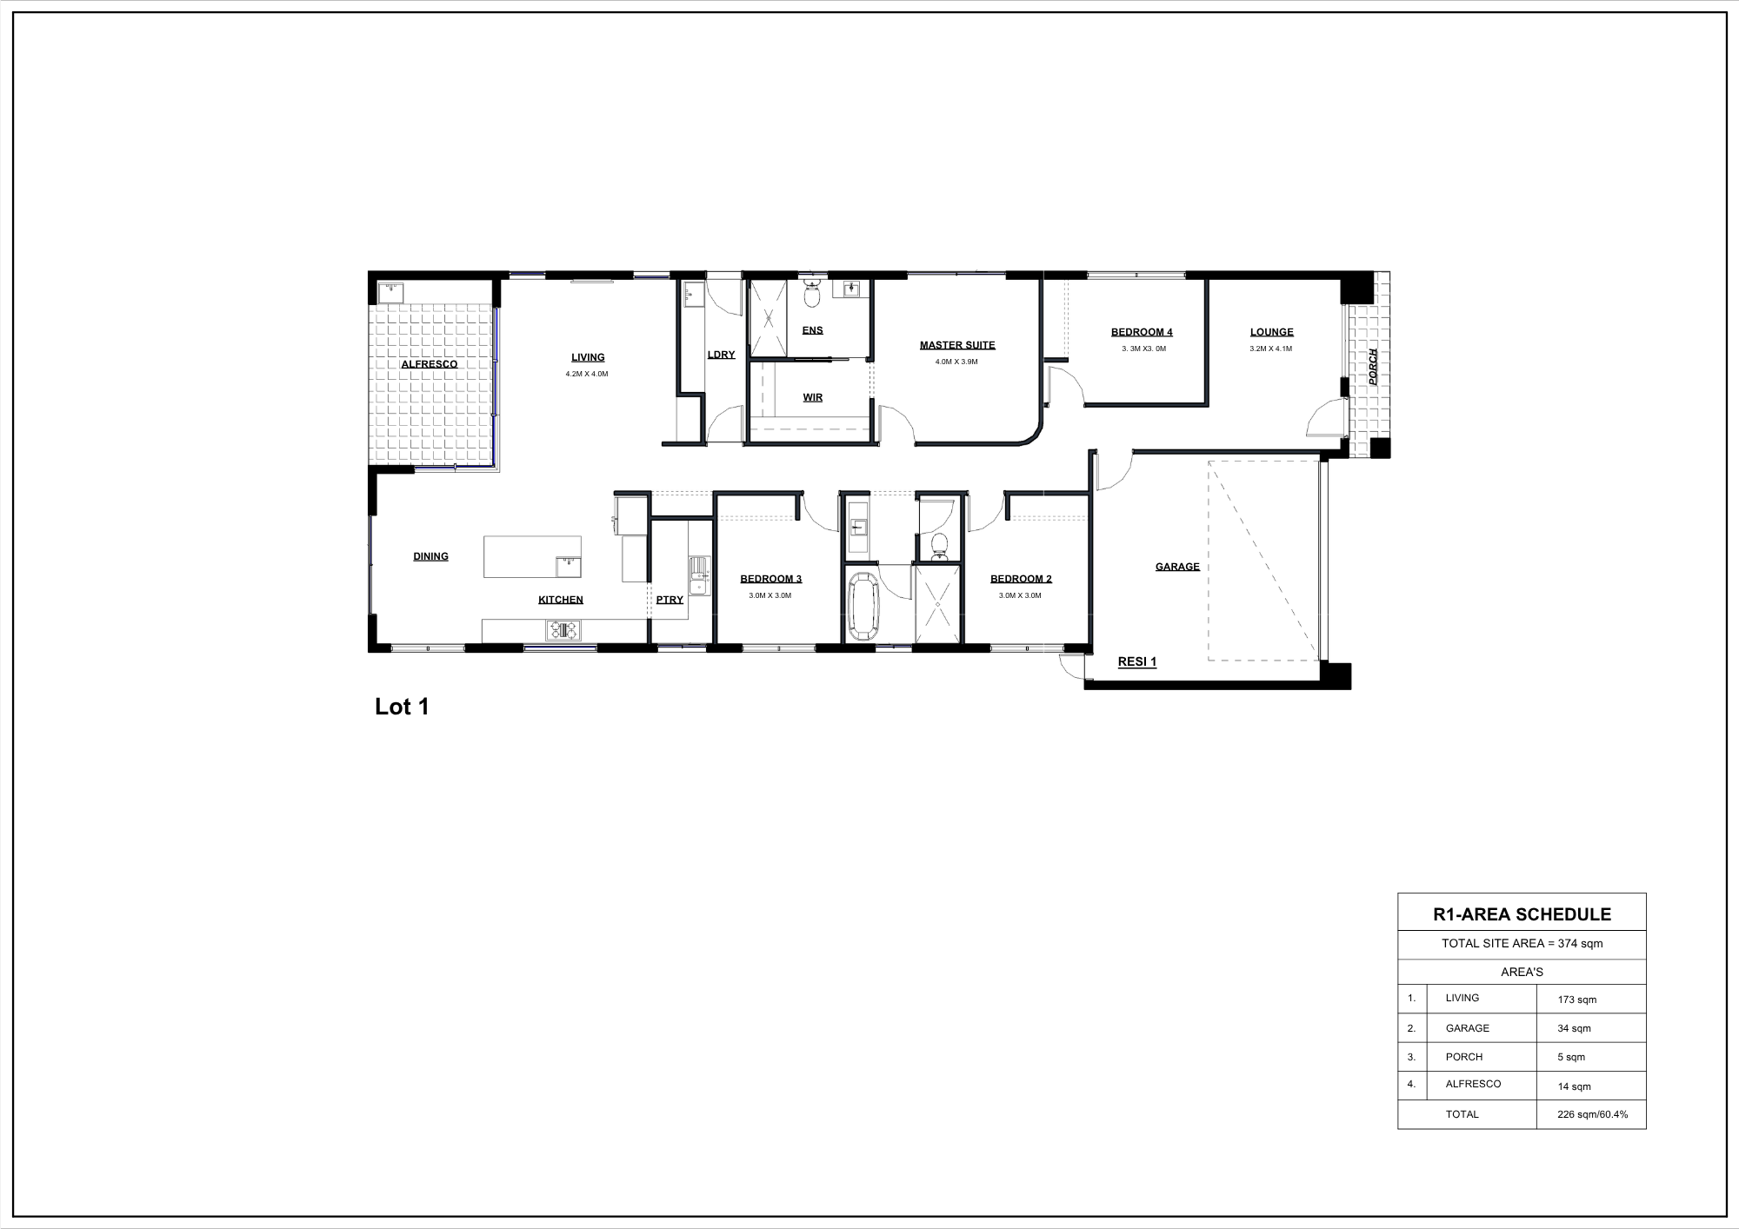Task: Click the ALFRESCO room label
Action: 429,364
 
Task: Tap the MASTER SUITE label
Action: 957,345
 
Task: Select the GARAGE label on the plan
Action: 1177,567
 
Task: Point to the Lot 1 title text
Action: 402,707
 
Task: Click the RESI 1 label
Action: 1136,661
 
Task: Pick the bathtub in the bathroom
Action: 863,605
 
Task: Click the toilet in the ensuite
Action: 812,296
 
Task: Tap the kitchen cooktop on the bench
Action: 563,630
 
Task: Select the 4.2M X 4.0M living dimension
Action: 587,374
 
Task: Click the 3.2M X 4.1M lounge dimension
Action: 1271,349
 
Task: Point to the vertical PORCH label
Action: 1373,367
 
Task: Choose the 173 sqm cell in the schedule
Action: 1577,1000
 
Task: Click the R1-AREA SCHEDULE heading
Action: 1522,914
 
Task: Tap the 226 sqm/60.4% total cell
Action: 1592,1114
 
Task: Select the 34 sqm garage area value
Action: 1574,1028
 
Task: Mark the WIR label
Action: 813,397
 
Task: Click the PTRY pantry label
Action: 670,600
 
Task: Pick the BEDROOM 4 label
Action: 1142,332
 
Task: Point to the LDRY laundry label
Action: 722,355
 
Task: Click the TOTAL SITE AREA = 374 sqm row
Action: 1522,943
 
